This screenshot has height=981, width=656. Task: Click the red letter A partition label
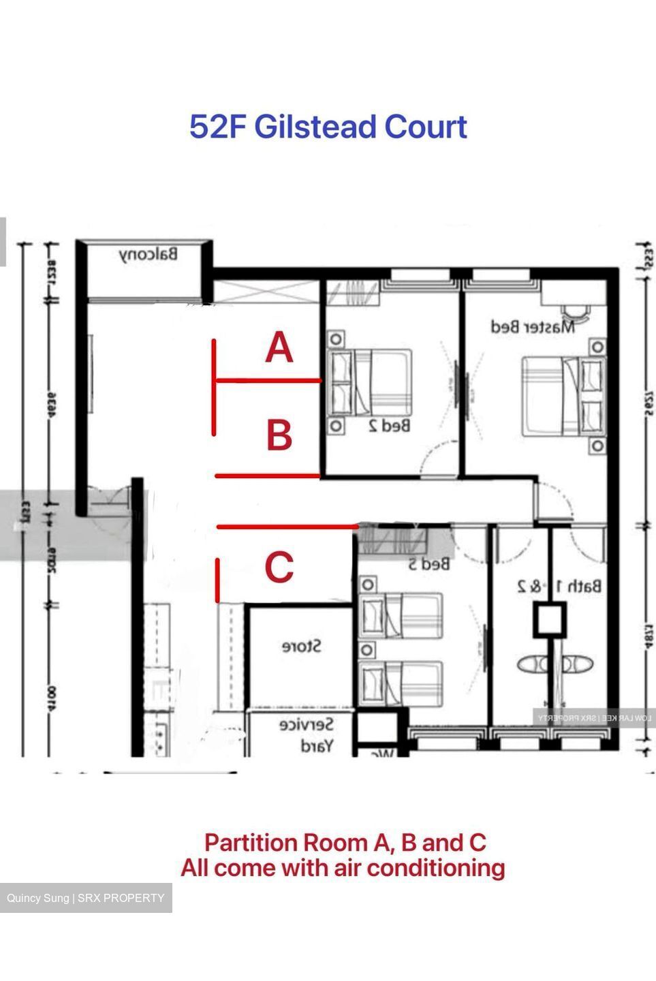tap(279, 348)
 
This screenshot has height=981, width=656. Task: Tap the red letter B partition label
tap(279, 435)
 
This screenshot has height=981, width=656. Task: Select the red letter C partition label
tap(279, 567)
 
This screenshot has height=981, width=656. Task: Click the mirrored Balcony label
tap(149, 255)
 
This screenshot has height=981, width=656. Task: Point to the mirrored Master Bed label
tap(533, 327)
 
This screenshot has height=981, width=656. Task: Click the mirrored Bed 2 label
tap(389, 426)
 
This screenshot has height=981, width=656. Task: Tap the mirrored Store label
tap(301, 646)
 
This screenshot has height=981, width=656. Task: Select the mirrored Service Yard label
tap(307, 735)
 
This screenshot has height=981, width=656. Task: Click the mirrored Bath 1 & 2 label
tap(559, 586)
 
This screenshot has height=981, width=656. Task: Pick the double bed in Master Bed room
tap(563, 396)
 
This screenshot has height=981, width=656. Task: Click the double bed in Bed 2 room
tap(371, 383)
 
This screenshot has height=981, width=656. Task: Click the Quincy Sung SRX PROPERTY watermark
tap(86, 898)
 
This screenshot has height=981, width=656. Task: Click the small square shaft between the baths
tap(549, 621)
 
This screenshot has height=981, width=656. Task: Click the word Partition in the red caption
tap(250, 843)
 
